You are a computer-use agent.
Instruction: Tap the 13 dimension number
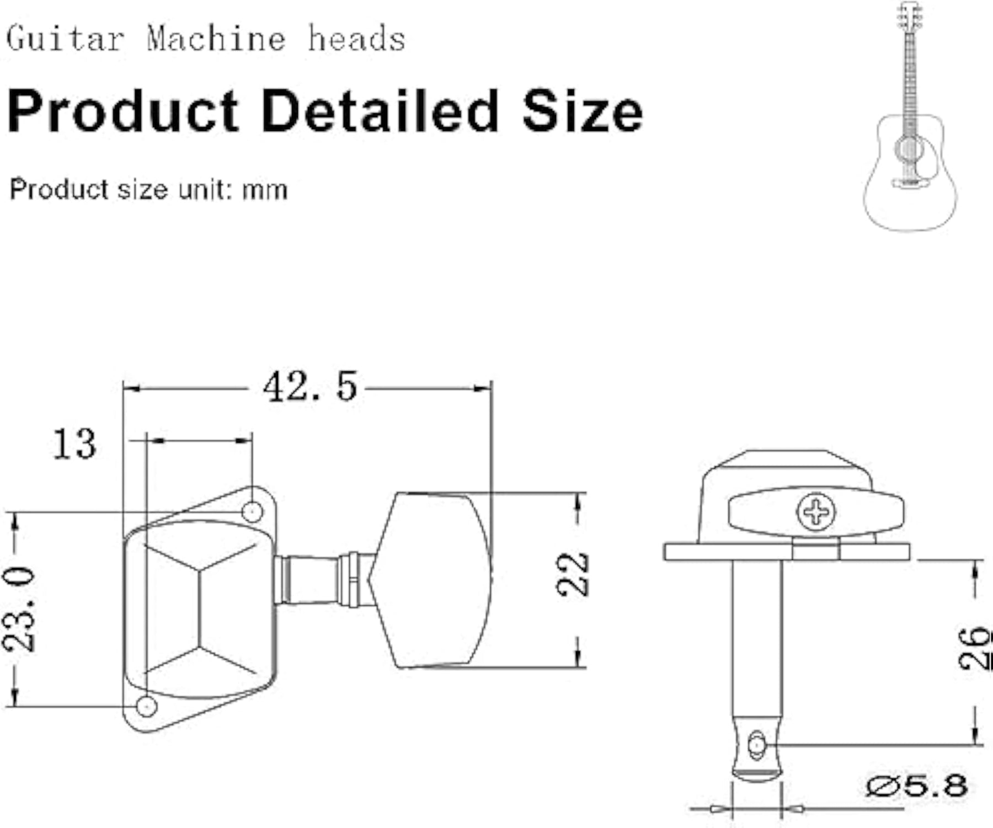click(74, 444)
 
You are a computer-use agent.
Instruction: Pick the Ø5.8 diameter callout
click(916, 786)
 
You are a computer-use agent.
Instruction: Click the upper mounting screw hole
click(252, 511)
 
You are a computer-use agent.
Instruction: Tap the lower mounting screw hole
click(147, 706)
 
